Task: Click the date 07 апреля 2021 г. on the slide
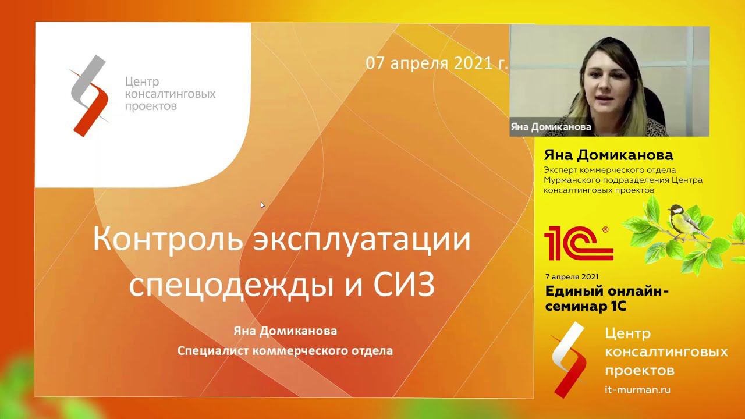[x=437, y=63]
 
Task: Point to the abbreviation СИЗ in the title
[x=402, y=285]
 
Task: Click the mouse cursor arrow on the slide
[x=262, y=205]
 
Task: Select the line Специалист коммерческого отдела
[x=285, y=351]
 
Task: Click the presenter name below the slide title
[x=285, y=331]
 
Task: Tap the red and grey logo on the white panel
[x=90, y=95]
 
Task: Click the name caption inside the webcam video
[x=551, y=126]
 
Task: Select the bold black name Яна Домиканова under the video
[x=608, y=155]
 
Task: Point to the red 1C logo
[x=578, y=243]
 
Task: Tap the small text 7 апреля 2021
[x=572, y=276]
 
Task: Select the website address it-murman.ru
[x=637, y=390]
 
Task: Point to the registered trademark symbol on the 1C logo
[x=605, y=229]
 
